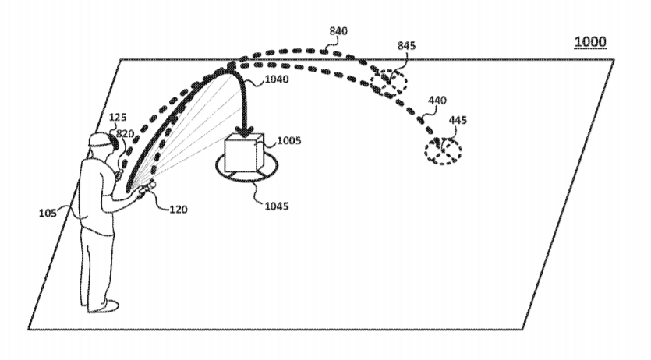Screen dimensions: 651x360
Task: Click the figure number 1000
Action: pyautogui.click(x=590, y=41)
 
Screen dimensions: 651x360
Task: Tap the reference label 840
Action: pyautogui.click(x=338, y=31)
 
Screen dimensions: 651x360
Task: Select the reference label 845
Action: pyautogui.click(x=406, y=46)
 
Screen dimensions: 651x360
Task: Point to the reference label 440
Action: pyautogui.click(x=437, y=101)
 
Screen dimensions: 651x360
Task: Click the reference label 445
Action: pyautogui.click(x=458, y=120)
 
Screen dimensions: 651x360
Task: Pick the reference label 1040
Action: pyautogui.click(x=277, y=79)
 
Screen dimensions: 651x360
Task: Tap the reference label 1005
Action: pyautogui.click(x=289, y=140)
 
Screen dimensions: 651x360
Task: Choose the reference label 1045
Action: pyautogui.click(x=277, y=206)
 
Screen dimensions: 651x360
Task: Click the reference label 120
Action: pyautogui.click(x=178, y=210)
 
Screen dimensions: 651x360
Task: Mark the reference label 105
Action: pyautogui.click(x=48, y=214)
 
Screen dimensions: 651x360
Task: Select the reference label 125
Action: pyautogui.click(x=118, y=118)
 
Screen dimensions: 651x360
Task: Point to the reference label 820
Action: pyautogui.click(x=125, y=133)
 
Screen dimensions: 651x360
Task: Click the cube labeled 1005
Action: pyautogui.click(x=244, y=154)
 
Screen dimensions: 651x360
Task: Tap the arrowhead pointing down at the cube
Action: pyautogui.click(x=246, y=132)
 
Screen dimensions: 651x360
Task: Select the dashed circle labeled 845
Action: pyautogui.click(x=388, y=83)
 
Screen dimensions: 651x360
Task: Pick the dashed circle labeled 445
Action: pyautogui.click(x=443, y=151)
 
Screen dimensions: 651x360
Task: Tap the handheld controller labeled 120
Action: pyautogui.click(x=146, y=188)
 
